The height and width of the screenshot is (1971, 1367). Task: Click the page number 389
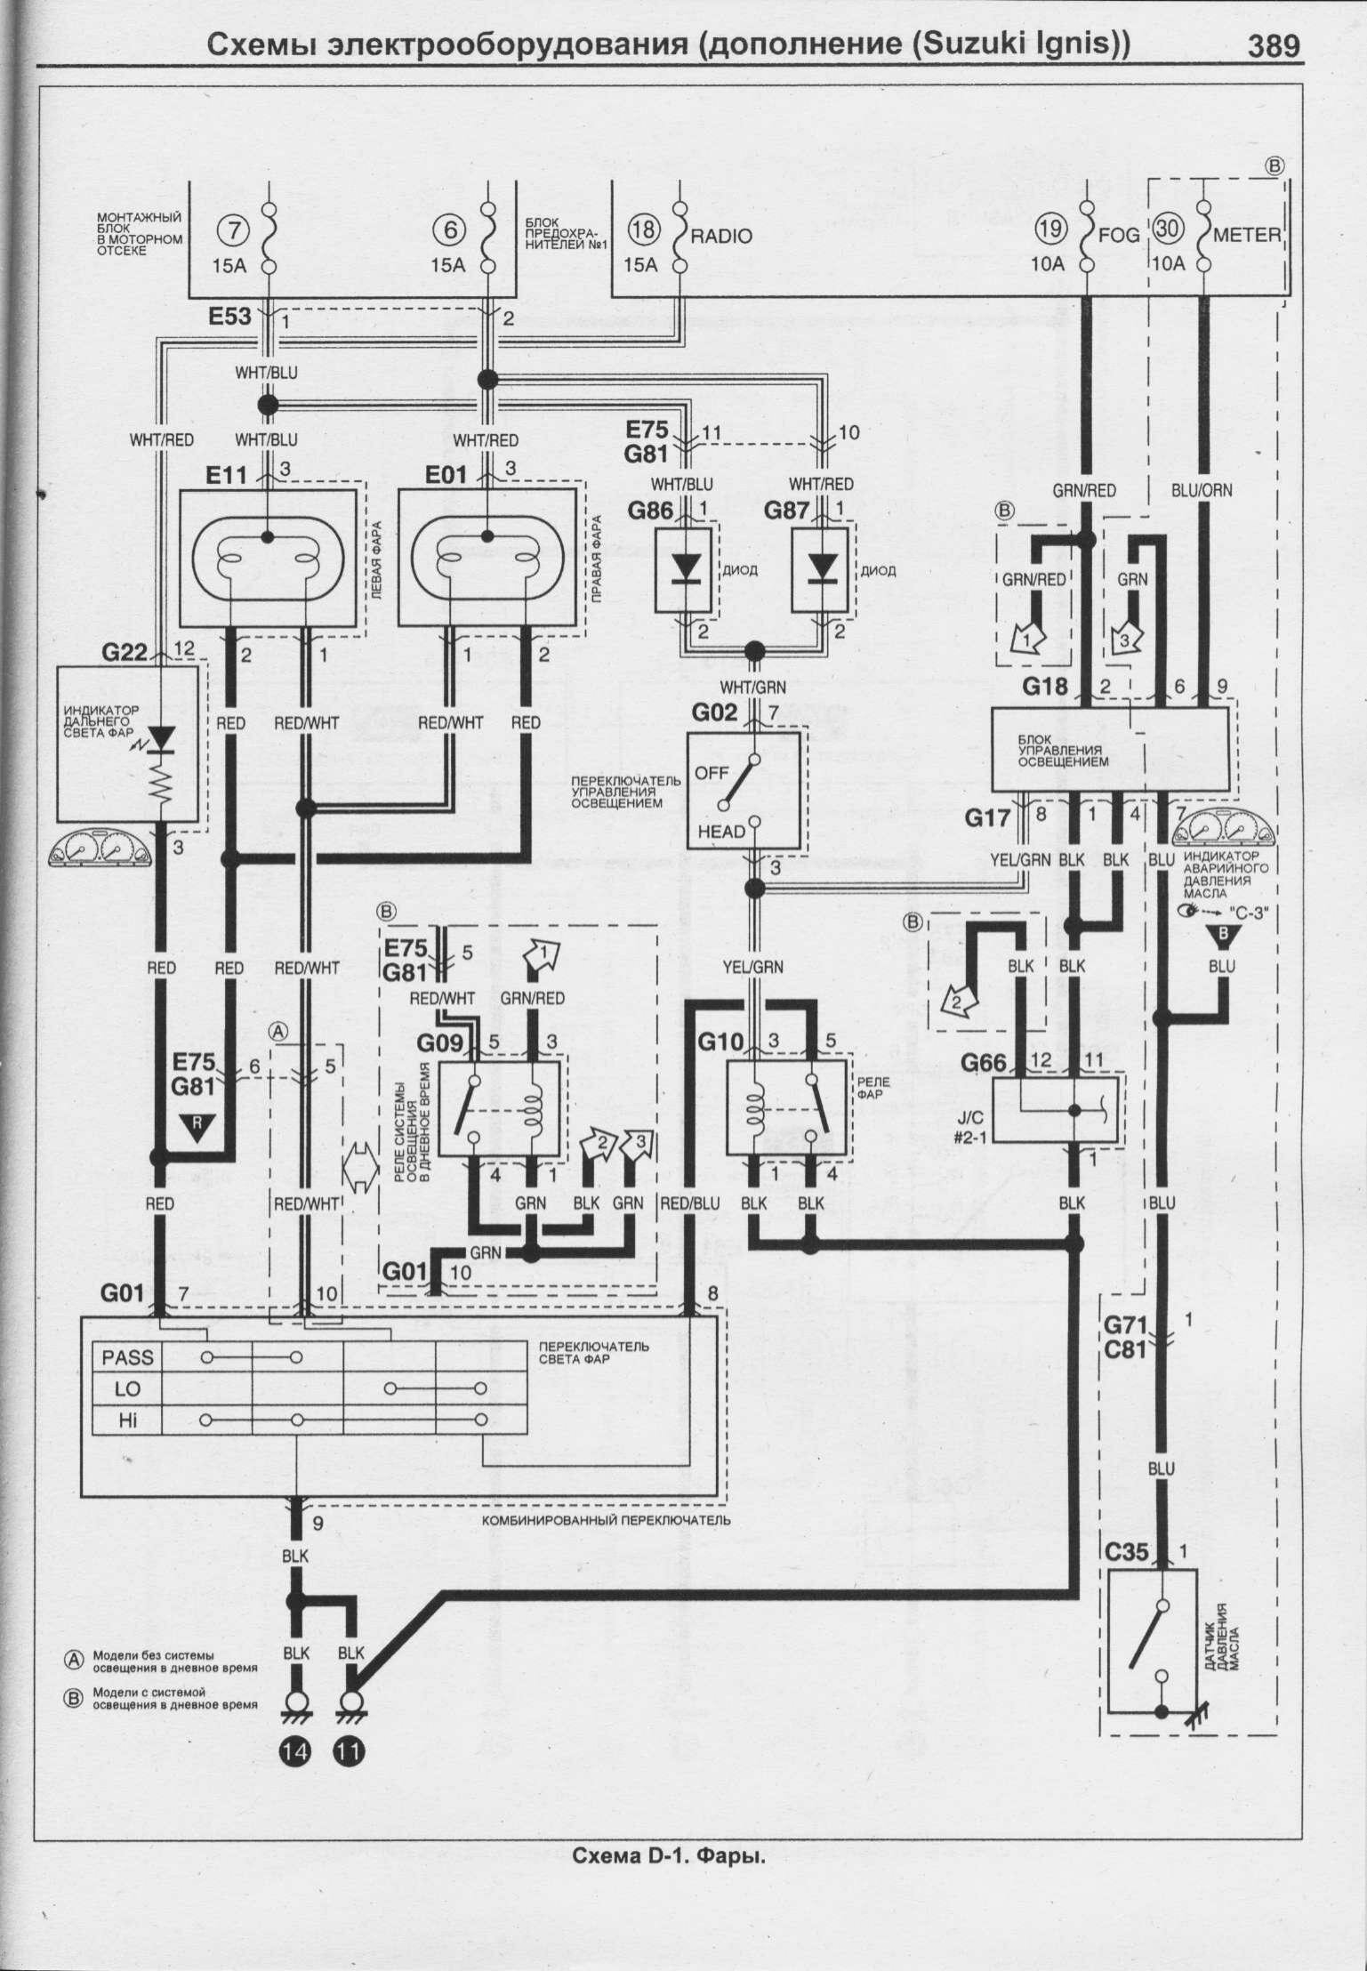click(1274, 46)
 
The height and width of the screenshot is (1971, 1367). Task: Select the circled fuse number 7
click(234, 229)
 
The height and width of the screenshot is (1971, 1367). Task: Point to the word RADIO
click(721, 236)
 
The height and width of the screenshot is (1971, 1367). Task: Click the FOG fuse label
click(1120, 236)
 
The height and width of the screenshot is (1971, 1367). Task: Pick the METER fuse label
click(1247, 236)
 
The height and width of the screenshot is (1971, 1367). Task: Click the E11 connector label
click(227, 476)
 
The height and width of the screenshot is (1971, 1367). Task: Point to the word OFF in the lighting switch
click(712, 773)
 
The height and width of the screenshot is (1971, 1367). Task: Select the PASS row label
click(128, 1357)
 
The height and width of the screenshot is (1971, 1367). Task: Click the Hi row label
click(128, 1421)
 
